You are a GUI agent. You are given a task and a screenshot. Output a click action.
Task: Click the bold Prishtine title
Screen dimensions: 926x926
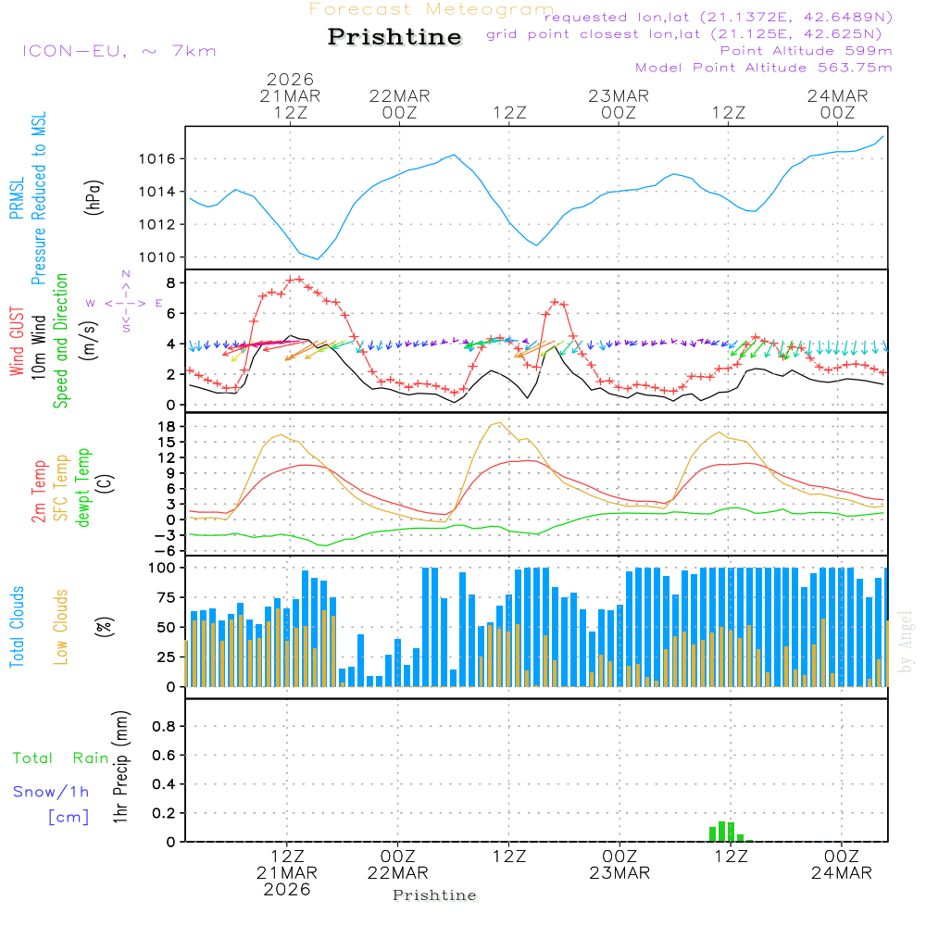pyautogui.click(x=394, y=37)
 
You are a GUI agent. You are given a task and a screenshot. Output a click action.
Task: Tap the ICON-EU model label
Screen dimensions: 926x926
pyautogui.click(x=119, y=51)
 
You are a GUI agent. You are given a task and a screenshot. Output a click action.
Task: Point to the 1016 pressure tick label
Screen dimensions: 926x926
pyautogui.click(x=157, y=159)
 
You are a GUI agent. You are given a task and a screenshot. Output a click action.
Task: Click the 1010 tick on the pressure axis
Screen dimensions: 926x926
pyautogui.click(x=157, y=257)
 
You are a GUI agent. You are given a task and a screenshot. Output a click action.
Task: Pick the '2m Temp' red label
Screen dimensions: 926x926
pyautogui.click(x=39, y=491)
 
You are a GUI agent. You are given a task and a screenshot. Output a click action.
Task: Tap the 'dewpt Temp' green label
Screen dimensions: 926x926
pyautogui.click(x=83, y=488)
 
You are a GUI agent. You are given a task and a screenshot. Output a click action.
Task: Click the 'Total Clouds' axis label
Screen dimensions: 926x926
pyautogui.click(x=17, y=627)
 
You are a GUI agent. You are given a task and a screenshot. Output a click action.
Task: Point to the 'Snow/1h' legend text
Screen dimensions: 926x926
pyautogui.click(x=51, y=792)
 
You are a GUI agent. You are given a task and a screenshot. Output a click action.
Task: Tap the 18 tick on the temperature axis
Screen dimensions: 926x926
pyautogui.click(x=169, y=426)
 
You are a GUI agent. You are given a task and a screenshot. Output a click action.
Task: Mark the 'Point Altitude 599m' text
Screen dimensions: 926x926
pyautogui.click(x=806, y=51)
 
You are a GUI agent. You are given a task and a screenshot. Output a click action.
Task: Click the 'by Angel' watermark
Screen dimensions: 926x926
pyautogui.click(x=906, y=642)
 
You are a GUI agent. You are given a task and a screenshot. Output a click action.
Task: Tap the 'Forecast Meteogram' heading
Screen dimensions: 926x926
pyautogui.click(x=432, y=9)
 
